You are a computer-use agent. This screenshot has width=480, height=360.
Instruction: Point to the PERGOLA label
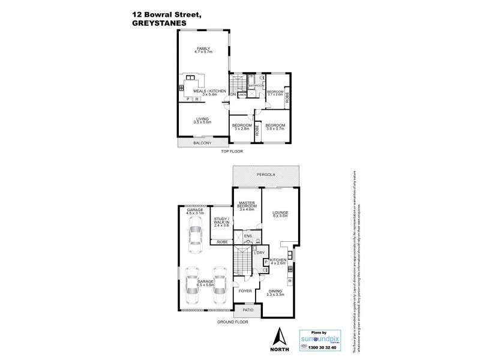click(266, 175)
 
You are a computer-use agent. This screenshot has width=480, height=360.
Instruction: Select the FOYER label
click(246, 292)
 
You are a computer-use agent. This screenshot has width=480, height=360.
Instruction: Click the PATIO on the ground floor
click(247, 310)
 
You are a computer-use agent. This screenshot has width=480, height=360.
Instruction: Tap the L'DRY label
click(259, 253)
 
